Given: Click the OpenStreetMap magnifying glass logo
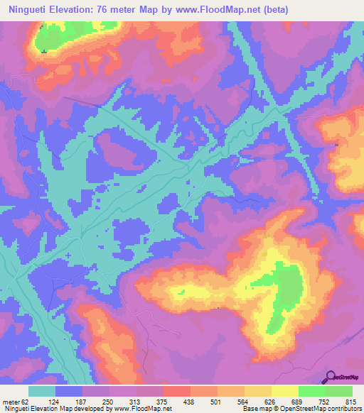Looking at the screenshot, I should [x=331, y=377].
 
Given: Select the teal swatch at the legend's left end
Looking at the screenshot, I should [x=42, y=391].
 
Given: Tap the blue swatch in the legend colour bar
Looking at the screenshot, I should [x=69, y=391].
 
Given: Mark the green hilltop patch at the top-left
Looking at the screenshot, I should [x=60, y=31].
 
